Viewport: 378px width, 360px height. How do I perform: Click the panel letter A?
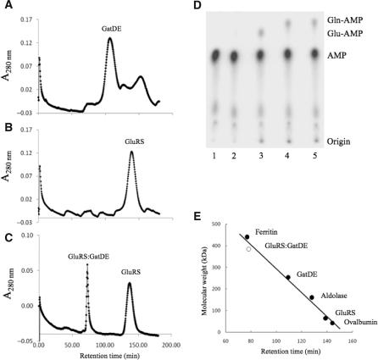pos(7,7)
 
